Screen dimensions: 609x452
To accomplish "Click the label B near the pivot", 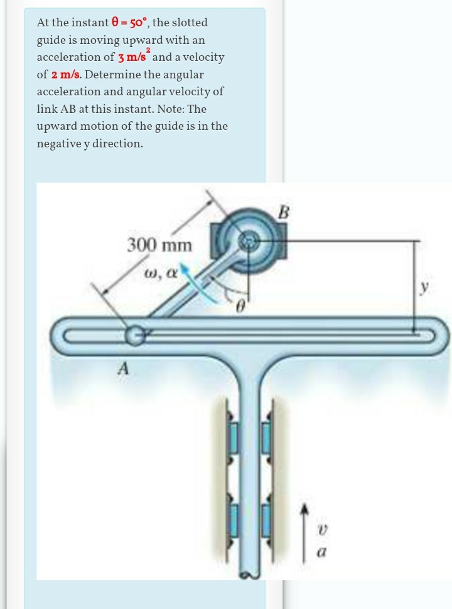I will tap(284, 212).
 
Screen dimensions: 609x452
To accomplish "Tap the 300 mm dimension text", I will tap(159, 245).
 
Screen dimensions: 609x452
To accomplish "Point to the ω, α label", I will tap(161, 272).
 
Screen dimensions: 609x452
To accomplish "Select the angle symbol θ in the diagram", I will tap(240, 308).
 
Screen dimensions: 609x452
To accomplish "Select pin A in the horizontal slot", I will tap(134, 335).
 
